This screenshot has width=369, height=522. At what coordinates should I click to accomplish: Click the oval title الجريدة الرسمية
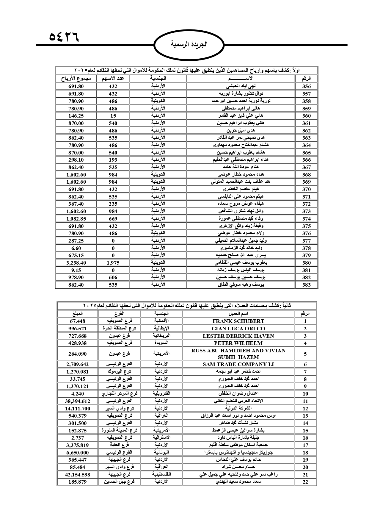tap(189, 45)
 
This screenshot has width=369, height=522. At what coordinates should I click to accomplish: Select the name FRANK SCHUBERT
tap(238, 321)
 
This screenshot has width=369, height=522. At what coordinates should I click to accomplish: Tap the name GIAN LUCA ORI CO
tap(238, 329)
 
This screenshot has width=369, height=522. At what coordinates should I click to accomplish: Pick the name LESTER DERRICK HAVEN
tap(238, 336)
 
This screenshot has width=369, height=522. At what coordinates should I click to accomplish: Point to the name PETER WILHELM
tap(238, 343)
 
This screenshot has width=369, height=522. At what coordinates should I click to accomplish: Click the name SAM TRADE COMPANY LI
tap(238, 364)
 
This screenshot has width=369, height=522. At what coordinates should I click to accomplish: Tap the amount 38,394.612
tap(77, 401)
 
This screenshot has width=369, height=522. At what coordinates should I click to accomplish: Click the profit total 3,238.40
tap(76, 263)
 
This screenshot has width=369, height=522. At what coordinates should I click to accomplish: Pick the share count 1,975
tap(113, 263)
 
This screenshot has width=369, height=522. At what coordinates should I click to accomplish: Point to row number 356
tap(306, 86)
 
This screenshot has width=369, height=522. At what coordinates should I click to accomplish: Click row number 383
tap(306, 285)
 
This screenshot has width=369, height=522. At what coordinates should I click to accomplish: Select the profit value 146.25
tap(76, 116)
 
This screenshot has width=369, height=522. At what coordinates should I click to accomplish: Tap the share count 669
tap(113, 219)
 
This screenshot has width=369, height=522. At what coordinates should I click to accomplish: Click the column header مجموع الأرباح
tap(76, 79)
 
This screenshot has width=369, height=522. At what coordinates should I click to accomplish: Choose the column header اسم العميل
tap(238, 314)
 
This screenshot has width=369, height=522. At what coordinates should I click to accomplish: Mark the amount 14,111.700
tap(77, 409)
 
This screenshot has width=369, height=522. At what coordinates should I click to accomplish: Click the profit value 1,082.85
tap(76, 219)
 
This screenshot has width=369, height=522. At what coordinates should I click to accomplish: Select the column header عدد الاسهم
tap(113, 79)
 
